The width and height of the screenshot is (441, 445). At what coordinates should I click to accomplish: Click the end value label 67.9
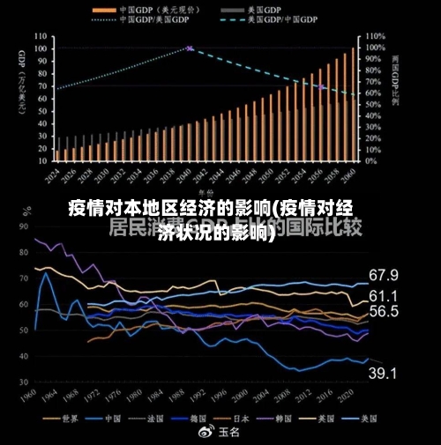pyautogui.click(x=383, y=275)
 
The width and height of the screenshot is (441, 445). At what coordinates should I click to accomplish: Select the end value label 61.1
pyautogui.click(x=383, y=295)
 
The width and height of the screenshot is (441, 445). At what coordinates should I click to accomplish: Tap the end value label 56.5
pyautogui.click(x=383, y=311)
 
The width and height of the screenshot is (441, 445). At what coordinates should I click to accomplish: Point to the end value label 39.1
pyautogui.click(x=383, y=374)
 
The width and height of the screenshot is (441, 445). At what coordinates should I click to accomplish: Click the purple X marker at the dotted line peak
pyautogui.click(x=190, y=48)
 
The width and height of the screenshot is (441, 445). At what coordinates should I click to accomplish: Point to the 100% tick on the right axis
pyautogui.click(x=374, y=48)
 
